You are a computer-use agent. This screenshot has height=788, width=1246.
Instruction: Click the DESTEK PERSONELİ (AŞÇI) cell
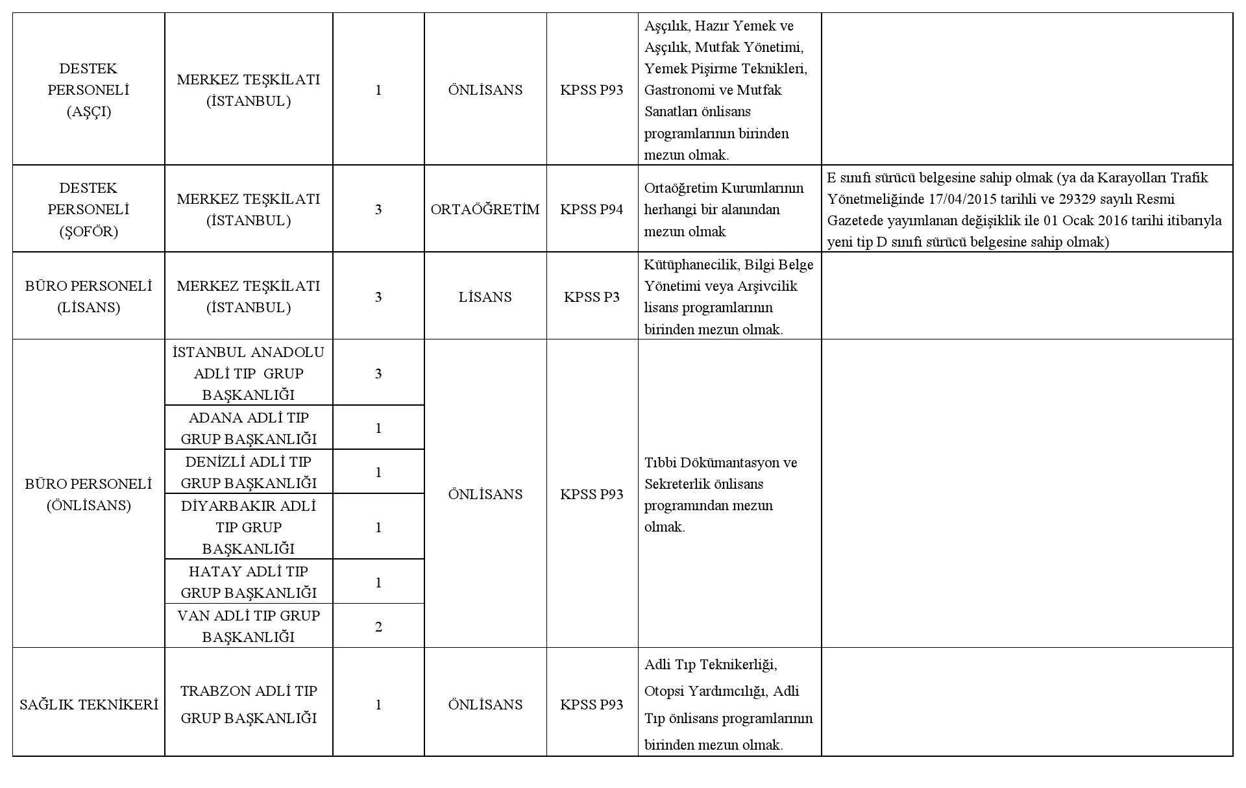coord(88,90)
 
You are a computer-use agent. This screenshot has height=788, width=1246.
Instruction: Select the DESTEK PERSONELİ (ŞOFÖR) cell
coord(88,209)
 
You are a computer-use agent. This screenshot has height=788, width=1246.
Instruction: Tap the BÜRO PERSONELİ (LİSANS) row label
coord(88,296)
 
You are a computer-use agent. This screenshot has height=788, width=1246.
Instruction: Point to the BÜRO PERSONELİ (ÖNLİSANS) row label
coord(88,494)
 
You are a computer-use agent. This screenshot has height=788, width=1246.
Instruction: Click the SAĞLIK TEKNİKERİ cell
coord(88,704)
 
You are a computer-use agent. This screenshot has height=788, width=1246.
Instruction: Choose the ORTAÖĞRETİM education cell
coord(485,209)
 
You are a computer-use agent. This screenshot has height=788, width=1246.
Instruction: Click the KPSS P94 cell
coord(591,209)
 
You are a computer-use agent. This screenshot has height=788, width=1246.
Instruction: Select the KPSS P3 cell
coord(591,297)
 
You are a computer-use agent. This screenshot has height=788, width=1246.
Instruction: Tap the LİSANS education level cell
coord(485,297)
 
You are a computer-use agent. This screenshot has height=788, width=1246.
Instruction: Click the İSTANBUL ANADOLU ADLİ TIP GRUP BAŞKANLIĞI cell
coord(249,373)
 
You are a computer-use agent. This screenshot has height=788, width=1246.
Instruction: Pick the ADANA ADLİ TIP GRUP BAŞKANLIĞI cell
coord(249,428)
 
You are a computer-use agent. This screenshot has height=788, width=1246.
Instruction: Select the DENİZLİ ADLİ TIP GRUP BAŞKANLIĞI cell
coord(249,472)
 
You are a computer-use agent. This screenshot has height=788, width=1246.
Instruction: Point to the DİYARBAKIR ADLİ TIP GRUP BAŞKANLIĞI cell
coord(249,526)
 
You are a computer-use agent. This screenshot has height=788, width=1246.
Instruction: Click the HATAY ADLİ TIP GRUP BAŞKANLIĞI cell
coord(249,582)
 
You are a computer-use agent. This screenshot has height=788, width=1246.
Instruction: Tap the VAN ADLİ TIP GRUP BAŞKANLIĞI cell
coord(249,626)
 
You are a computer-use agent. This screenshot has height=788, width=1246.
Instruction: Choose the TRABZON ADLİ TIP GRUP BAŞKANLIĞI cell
coord(249,704)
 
